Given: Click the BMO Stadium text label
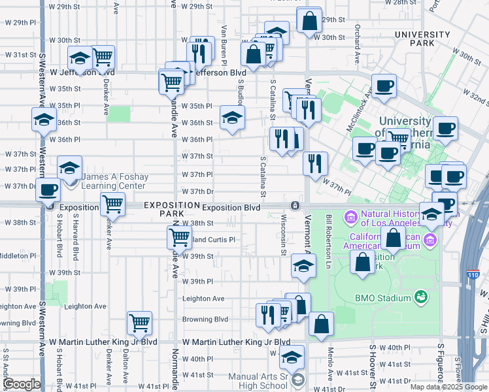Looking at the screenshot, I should coord(383,298).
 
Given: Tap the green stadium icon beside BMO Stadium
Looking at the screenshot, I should coord(422,298).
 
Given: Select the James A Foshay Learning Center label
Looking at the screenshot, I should coord(114,182).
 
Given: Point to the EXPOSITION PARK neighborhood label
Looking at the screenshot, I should coord(171,209).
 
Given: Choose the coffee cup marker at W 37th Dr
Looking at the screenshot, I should coord(48,190).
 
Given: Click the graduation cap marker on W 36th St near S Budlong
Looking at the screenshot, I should coord(231,117).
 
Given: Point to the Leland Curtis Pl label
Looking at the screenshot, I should coord(211,239).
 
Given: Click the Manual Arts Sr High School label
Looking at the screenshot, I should coord(258,381).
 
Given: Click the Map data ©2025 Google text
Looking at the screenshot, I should coord(447,387).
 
